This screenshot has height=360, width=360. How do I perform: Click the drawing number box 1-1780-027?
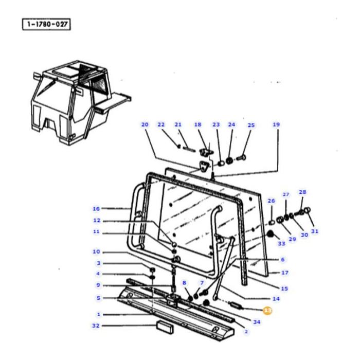point(46,25)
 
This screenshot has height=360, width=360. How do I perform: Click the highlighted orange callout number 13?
point(267,310)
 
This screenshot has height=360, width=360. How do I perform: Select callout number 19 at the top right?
point(276,124)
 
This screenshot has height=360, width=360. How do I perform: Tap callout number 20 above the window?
point(145,124)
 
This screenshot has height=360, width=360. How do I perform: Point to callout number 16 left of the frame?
point(96,208)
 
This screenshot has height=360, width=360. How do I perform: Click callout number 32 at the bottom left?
point(96,326)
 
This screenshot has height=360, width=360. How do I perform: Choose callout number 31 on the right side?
point(314,231)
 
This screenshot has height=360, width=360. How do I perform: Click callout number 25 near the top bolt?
point(251,125)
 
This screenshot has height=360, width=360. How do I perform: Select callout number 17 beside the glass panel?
point(285,273)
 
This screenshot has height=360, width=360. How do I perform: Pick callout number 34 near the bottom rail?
point(257,322)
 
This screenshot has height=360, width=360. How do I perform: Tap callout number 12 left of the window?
point(96,220)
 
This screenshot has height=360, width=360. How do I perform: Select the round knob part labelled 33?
point(268,235)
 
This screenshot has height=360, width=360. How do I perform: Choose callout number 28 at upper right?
point(302,192)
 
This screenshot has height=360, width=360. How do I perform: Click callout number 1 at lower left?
point(99,314)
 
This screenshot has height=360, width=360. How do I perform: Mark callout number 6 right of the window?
point(282,260)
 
